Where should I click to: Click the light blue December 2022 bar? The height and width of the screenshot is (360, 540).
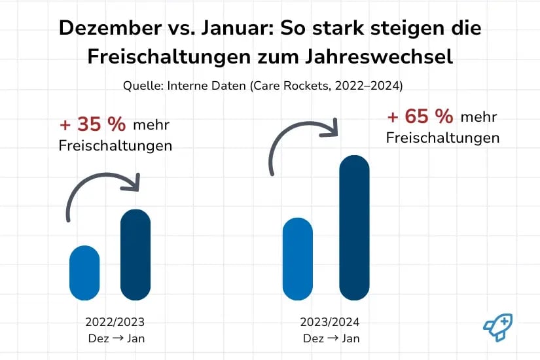84,273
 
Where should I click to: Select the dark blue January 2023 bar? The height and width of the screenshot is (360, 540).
135,255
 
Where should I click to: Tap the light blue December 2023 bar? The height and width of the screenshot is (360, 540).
298,259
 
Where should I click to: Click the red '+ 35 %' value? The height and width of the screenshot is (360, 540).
93,124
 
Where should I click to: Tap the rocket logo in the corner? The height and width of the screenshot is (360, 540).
497,325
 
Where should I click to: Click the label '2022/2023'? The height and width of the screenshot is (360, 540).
115,322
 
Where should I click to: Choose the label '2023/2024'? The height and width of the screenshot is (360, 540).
330,322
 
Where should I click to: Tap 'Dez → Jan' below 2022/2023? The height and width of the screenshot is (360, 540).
115,338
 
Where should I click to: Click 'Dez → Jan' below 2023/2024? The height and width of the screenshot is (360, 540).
331,338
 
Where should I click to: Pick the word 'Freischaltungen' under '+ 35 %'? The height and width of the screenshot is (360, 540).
115,145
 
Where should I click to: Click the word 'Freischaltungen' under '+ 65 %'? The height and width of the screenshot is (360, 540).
442,138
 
